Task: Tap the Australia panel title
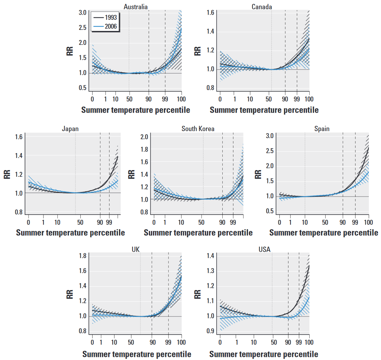pyautogui.click(x=136, y=7)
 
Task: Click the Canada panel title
pyautogui.click(x=262, y=7)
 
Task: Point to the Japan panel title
pyautogui.click(x=70, y=129)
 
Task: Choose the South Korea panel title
pyautogui.click(x=198, y=129)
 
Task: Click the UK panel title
pyautogui.click(x=136, y=249)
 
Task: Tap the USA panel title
pyautogui.click(x=264, y=249)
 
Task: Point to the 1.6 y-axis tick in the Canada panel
pyautogui.click(x=211, y=13)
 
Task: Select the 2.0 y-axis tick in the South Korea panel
pyautogui.click(x=144, y=137)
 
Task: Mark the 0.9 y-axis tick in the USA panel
pyautogui.click(x=211, y=331)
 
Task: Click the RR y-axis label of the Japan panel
pyautogui.click(x=7, y=174)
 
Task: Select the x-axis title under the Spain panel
pyautogui.click(x=324, y=233)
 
